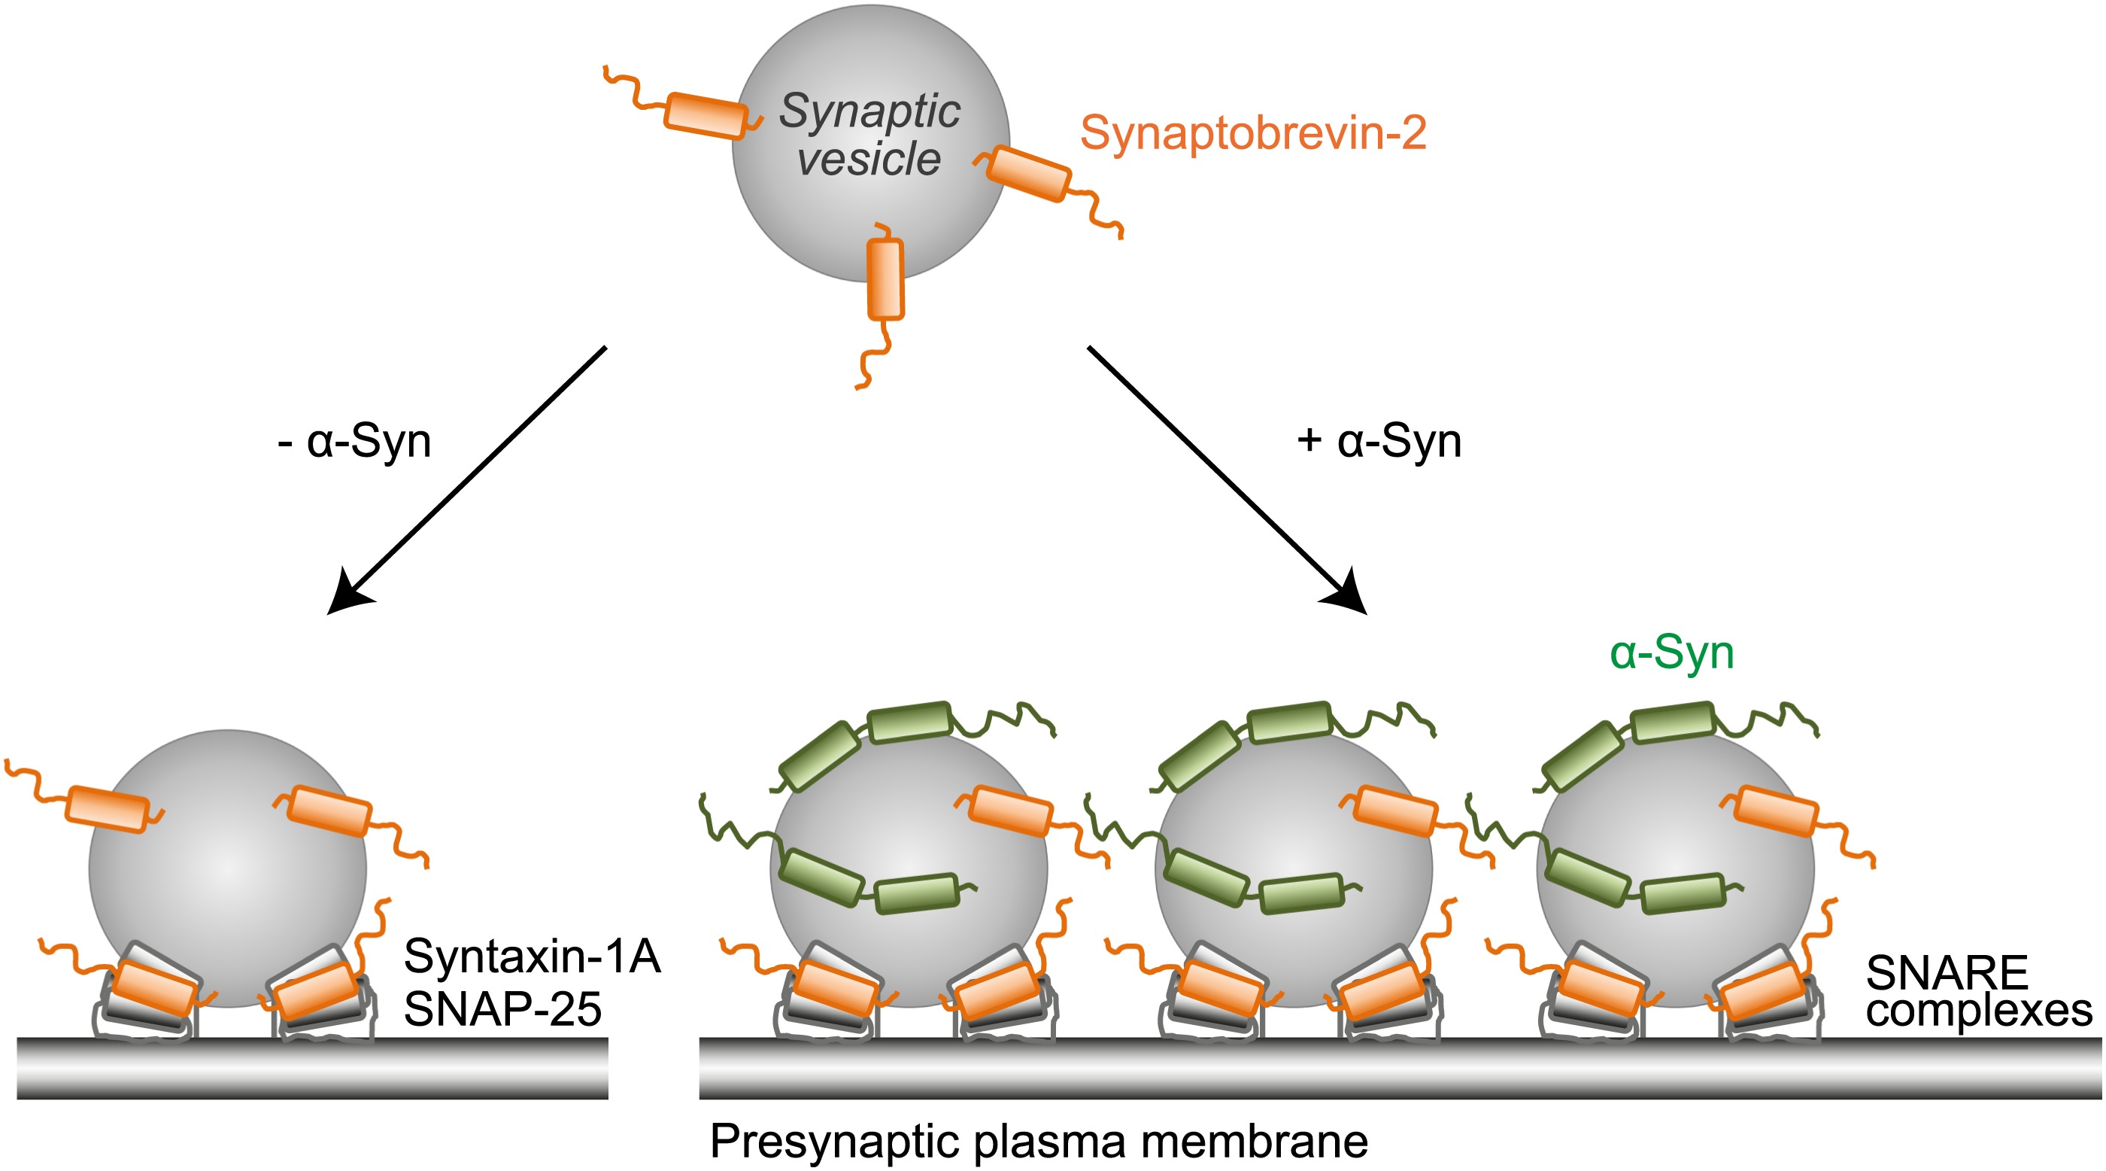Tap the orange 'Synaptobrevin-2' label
[1252, 132]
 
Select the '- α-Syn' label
[355, 443]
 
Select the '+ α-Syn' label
[1379, 443]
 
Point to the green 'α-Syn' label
[1671, 653]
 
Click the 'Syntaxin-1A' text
[533, 956]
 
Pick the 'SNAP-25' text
[502, 1009]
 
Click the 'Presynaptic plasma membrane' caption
[1038, 1141]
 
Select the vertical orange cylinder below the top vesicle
[885, 279]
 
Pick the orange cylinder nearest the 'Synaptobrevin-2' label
[1028, 173]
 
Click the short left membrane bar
[312, 1068]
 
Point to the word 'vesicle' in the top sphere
[869, 159]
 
